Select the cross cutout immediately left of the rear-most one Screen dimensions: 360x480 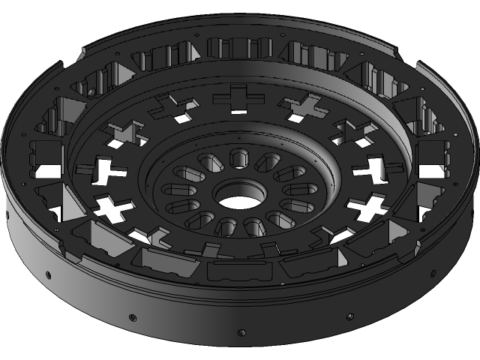pos(173,107)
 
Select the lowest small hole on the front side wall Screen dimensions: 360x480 pos(241,331)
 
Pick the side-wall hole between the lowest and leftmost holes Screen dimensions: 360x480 pos(132,314)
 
